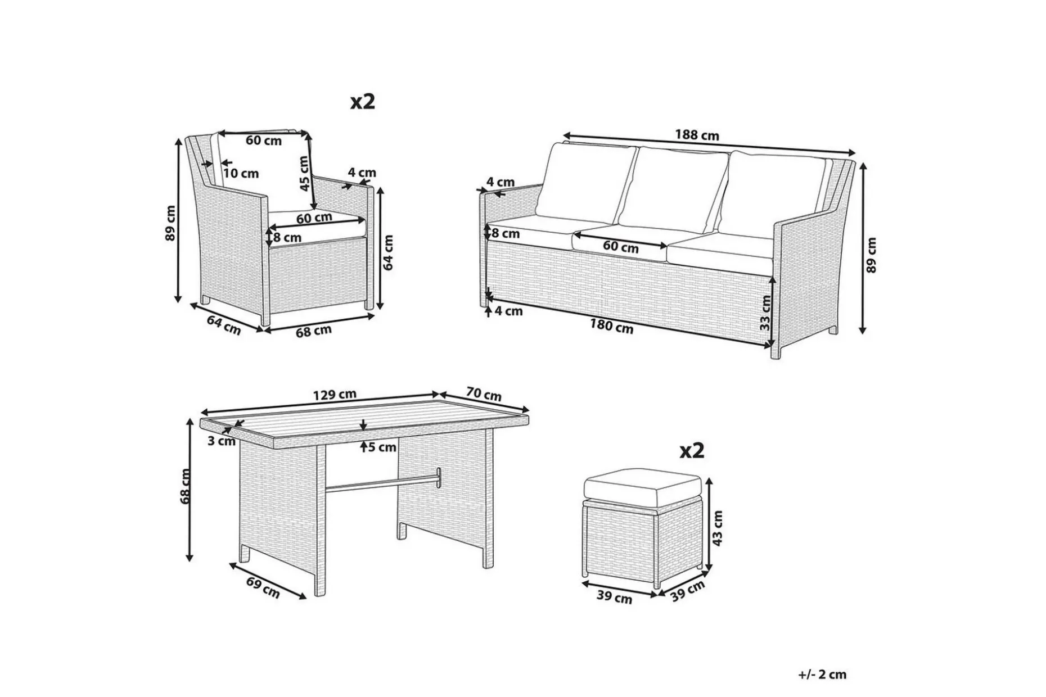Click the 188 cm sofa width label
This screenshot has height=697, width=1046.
(x=697, y=135)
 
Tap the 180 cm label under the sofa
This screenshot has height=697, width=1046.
(x=611, y=326)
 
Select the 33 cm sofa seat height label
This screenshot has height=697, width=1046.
(x=765, y=313)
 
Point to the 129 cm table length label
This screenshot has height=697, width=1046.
(x=335, y=395)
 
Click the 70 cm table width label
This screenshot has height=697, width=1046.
(x=484, y=394)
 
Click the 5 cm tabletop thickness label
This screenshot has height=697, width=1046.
(x=382, y=447)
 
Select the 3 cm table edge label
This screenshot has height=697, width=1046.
(x=221, y=441)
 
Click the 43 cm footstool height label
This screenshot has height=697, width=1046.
(x=717, y=528)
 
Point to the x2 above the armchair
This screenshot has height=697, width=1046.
(x=363, y=102)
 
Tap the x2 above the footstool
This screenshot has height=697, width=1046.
(x=692, y=450)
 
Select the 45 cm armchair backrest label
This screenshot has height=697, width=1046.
(x=304, y=173)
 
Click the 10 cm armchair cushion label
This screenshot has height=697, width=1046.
(x=241, y=174)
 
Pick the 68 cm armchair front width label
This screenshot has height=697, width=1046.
(x=314, y=331)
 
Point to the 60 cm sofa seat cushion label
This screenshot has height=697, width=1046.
(x=620, y=246)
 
